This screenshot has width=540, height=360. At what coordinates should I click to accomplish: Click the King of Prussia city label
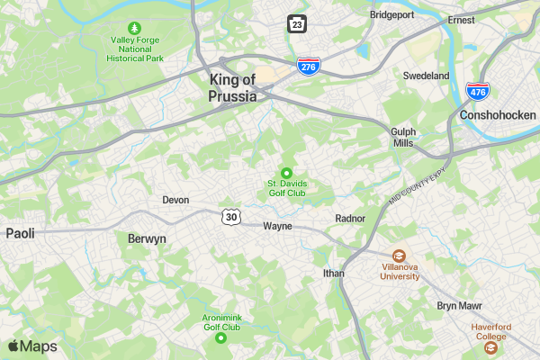point(233,87)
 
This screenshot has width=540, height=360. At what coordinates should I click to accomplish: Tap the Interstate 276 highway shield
point(309,66)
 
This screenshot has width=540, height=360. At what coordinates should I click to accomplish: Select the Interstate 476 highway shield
point(477,91)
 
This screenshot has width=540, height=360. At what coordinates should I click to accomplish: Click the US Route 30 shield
point(232,217)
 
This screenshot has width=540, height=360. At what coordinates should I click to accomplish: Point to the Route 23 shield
point(297,23)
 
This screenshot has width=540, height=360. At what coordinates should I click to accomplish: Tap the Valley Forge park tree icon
point(135,28)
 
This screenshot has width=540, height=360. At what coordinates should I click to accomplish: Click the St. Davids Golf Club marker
point(287,173)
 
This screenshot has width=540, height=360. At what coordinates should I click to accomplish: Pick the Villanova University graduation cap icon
point(399,256)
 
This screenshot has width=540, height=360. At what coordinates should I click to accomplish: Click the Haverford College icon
point(491,346)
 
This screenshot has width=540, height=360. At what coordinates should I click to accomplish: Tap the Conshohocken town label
point(498,115)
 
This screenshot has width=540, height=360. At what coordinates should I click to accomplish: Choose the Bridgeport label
point(392,14)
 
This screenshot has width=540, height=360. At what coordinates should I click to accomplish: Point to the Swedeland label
point(426,76)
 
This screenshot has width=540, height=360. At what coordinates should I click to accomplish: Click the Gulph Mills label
point(403,137)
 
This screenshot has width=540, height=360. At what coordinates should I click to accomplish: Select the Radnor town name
point(350,218)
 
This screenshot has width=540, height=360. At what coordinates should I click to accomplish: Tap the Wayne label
point(277,226)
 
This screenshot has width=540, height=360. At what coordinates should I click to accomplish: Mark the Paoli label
point(20,233)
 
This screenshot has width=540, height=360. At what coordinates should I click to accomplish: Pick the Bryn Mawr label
point(460,306)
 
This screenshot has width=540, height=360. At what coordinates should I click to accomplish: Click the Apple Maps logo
point(32,346)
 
